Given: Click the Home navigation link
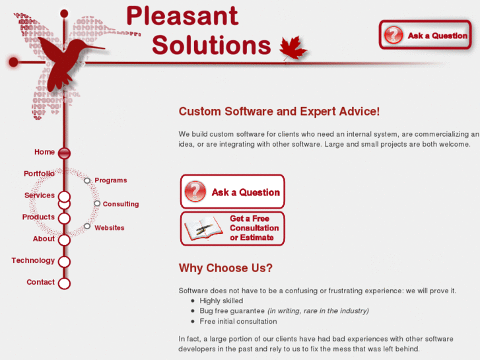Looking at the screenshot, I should coord(44,152).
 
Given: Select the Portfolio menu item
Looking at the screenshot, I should coord(39,174).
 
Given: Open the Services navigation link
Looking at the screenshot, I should coord(40,196).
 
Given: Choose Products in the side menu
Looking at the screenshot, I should coord(38,217).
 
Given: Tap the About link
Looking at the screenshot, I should coord(44,239).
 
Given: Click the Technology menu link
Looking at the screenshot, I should coord(33,261).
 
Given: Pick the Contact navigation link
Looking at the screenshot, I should coord(40,282).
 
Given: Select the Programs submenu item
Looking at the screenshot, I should coord(110,180).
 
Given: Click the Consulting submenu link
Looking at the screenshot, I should coord(120,204).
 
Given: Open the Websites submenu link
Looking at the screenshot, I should coord(109,228).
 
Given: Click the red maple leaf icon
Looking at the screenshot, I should coord(293,48).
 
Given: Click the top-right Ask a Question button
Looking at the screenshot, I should coord(425,35).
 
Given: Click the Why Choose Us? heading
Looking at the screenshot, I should coord(225,268).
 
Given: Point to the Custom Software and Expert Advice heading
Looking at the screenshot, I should coord(279,112).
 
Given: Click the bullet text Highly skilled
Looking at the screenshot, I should coord(221,301).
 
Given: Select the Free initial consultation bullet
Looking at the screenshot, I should coord(238,322).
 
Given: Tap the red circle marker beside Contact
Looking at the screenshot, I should coord(64,283).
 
